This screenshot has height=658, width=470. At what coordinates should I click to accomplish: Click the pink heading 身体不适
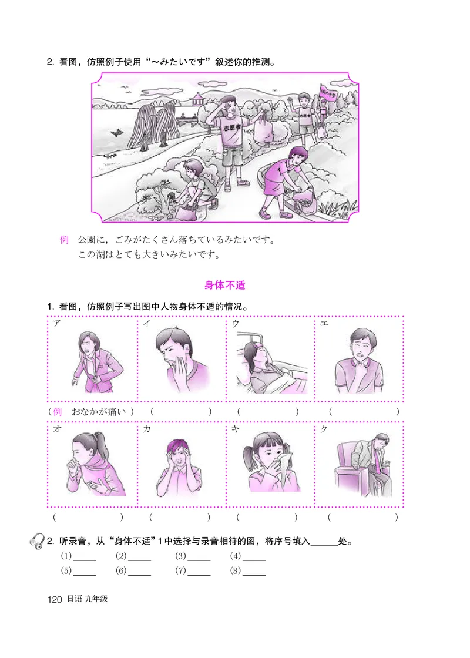[224, 286]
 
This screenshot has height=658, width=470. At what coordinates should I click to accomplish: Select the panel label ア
[56, 324]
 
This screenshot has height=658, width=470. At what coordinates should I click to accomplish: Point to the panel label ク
[324, 429]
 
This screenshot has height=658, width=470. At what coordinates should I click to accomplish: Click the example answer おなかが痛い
[99, 412]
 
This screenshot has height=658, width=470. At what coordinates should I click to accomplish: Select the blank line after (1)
[84, 556]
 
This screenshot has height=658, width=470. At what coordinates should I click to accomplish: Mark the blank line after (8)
[254, 571]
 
